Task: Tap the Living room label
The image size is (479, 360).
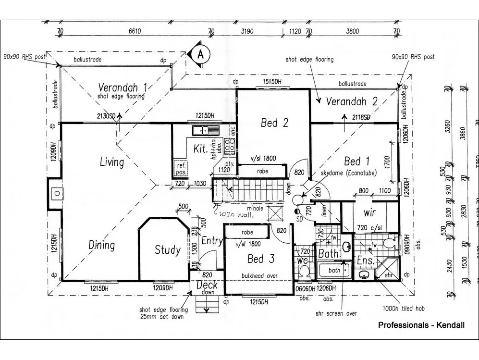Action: point(111,162)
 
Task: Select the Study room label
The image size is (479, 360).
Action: point(167,250)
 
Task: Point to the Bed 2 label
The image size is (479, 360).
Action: point(274,123)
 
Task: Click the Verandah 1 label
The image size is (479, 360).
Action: point(123,87)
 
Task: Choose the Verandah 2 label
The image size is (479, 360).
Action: point(351,101)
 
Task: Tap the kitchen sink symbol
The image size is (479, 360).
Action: point(205,130)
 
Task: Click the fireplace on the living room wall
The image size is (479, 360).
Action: point(56,193)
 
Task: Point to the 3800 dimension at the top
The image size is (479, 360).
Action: point(352,32)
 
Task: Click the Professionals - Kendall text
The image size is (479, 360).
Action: point(421,325)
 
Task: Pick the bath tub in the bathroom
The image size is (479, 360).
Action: point(334,271)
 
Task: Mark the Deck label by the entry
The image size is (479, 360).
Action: point(208,285)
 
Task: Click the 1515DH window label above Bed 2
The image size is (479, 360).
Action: point(271,82)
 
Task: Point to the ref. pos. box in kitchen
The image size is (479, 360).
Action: point(181,169)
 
